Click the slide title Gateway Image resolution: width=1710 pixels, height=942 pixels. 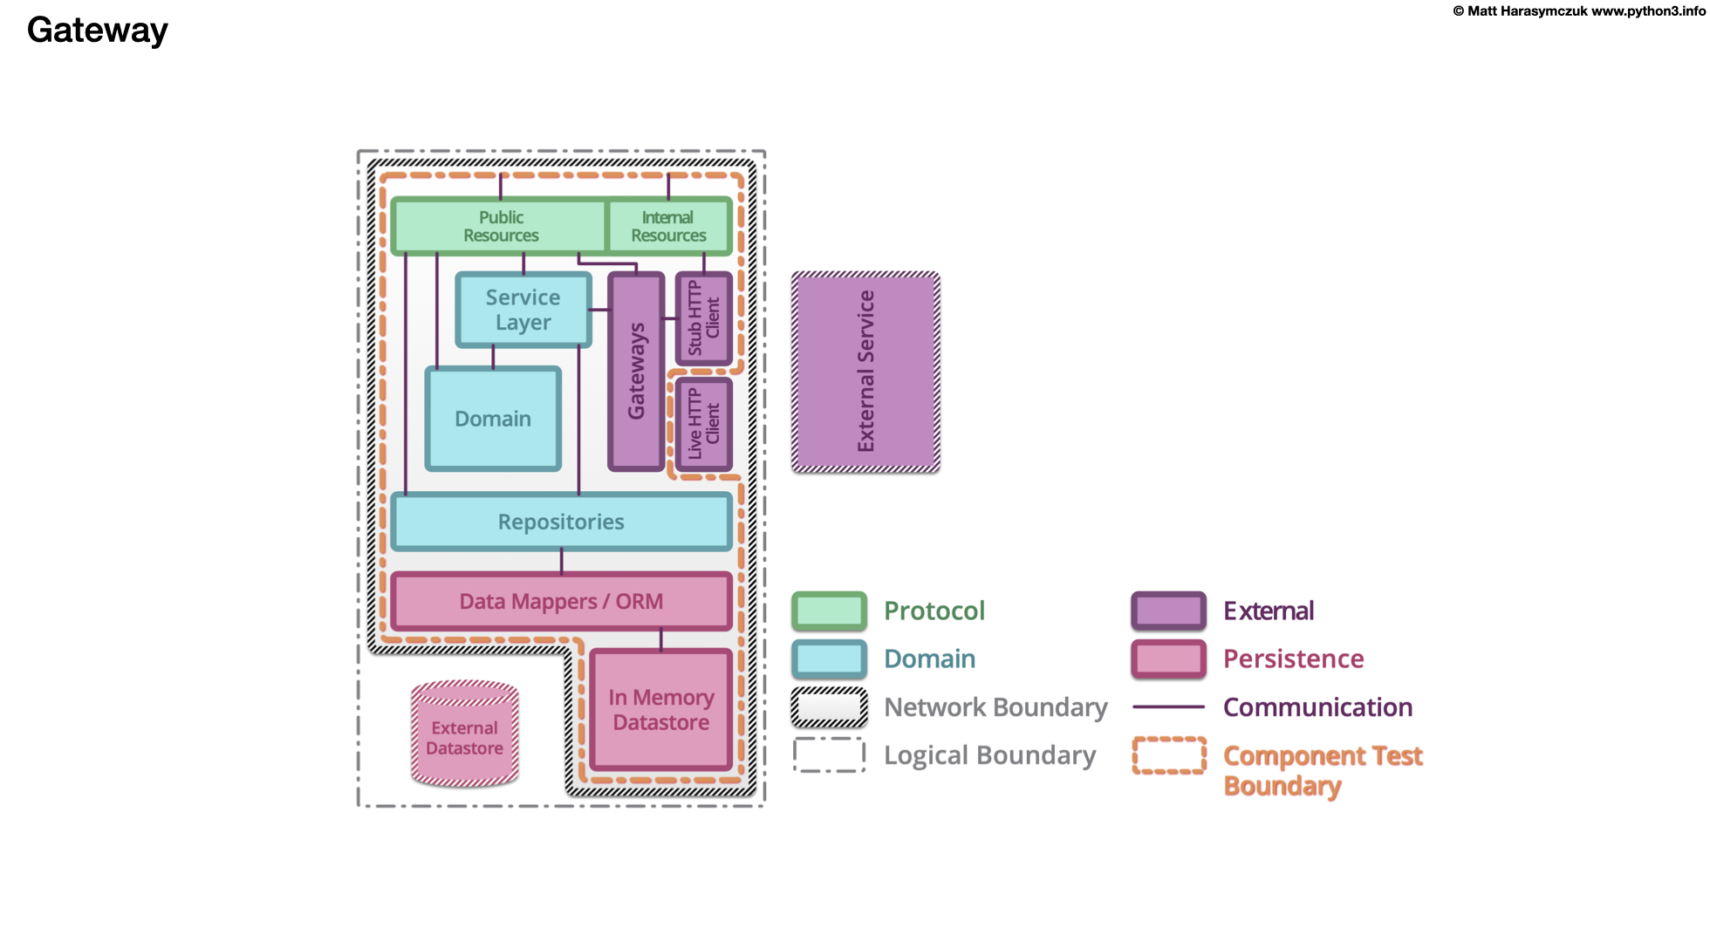click(97, 31)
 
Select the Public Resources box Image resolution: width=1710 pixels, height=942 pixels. click(500, 226)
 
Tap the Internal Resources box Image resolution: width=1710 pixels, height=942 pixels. click(668, 226)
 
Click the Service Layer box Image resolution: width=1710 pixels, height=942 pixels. click(523, 310)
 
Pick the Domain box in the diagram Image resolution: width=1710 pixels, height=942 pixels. click(492, 419)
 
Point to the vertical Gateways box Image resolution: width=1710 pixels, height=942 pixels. click(636, 372)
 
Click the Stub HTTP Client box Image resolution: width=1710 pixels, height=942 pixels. click(703, 318)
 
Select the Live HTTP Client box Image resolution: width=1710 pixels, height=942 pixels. click(703, 424)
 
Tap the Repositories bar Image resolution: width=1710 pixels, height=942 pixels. click(561, 522)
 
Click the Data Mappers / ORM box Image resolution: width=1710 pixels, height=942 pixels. click(561, 601)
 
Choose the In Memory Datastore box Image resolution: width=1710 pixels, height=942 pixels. click(660, 709)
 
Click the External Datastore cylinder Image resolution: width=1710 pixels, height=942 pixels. click(464, 737)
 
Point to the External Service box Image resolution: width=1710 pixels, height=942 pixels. click(865, 372)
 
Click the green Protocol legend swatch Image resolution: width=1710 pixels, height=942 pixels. click(829, 611)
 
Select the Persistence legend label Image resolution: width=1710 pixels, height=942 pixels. click(1293, 659)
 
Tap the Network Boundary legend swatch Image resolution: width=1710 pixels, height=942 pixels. click(829, 706)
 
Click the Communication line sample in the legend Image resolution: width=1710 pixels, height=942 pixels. click(1168, 706)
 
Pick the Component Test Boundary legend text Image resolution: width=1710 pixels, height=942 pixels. click(1322, 769)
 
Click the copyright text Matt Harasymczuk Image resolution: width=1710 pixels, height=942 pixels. click(1527, 11)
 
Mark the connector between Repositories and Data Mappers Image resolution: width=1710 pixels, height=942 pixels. click(561, 561)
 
